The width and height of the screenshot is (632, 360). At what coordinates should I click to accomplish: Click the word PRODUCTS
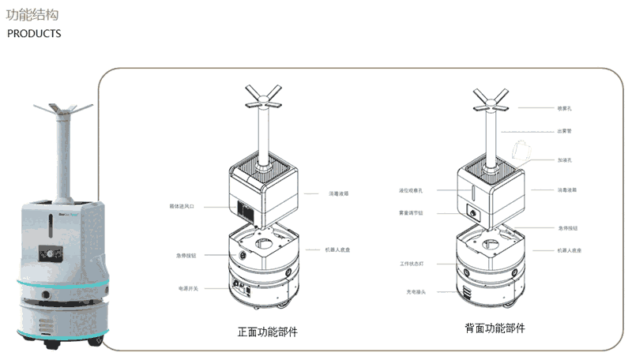(x=34, y=34)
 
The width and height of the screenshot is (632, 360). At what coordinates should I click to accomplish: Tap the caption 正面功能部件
(x=267, y=331)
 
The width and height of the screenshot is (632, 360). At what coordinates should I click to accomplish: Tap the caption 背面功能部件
(x=495, y=328)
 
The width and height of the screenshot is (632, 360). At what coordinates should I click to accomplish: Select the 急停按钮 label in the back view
(x=567, y=227)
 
